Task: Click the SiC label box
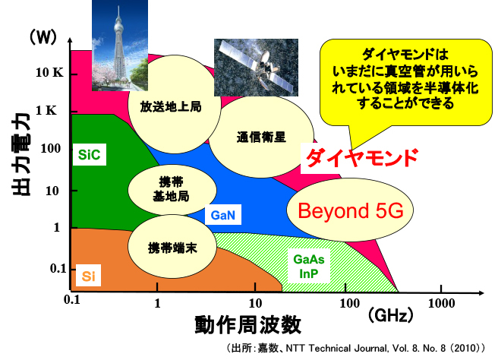coord(90,155)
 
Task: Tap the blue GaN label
coord(223,215)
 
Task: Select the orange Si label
coord(89,276)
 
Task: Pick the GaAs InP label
coord(309,267)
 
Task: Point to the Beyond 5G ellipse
coord(350,210)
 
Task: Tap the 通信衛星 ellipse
coord(261,137)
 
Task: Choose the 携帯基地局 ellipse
coord(172,190)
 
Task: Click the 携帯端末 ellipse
coord(172,247)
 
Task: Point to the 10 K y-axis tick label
coord(49,73)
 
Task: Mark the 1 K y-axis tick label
coord(47,111)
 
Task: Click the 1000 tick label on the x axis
coord(441,304)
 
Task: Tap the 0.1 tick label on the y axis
coord(58,269)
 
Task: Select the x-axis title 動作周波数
coord(247,324)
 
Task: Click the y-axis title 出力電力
coord(21,154)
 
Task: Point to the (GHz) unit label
coord(391,315)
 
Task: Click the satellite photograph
coord(256,68)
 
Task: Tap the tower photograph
coord(120,46)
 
